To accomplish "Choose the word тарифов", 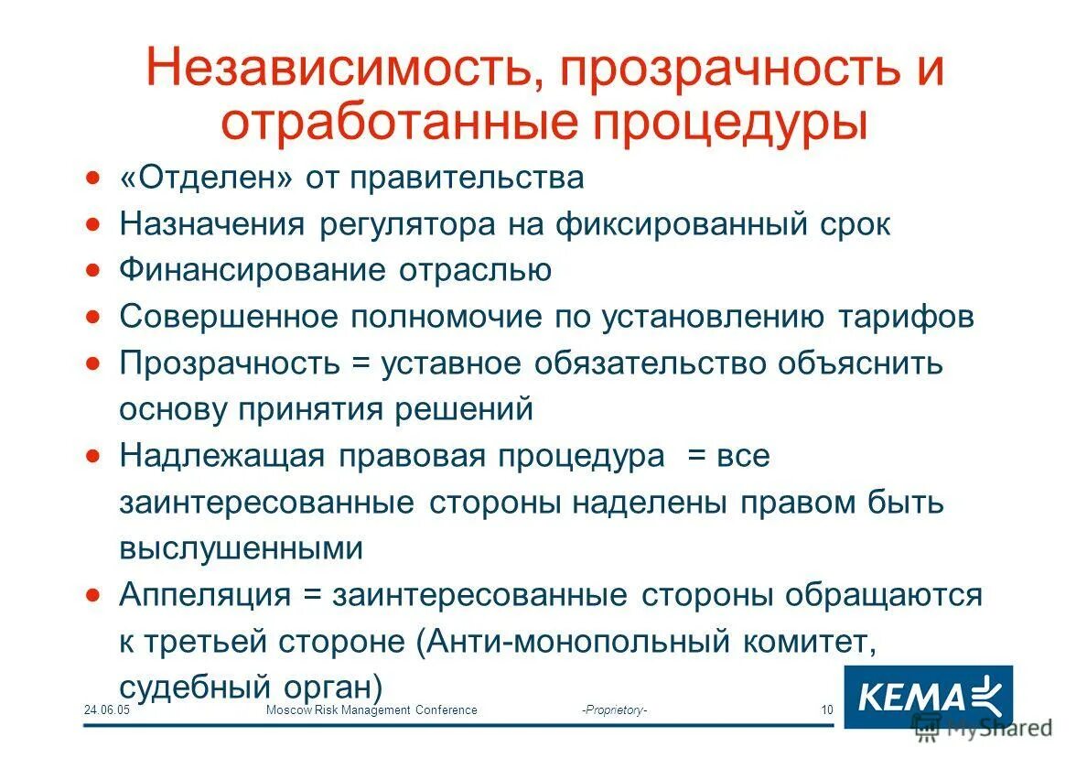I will coord(905,317).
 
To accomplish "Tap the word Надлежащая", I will coord(222,456).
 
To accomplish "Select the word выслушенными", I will coord(241,548).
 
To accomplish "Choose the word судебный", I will coord(190,688).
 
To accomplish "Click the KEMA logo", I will coord(927,698).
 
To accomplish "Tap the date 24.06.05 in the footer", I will coord(107,710).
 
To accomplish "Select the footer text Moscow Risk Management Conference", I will coord(371,710).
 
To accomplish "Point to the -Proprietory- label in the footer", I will coord(614,710).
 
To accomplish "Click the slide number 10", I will coord(827,710).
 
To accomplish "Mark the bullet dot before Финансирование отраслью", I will coord(92,270).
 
